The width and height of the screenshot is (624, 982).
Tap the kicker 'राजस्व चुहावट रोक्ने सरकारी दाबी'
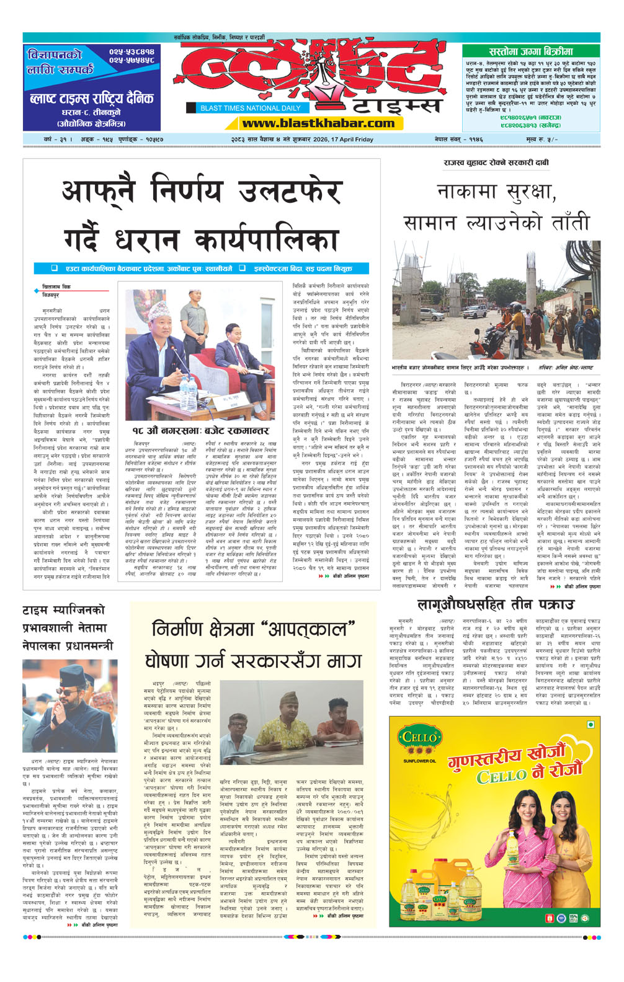tap(496, 162)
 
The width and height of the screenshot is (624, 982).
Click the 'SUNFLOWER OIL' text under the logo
tap(419, 761)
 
